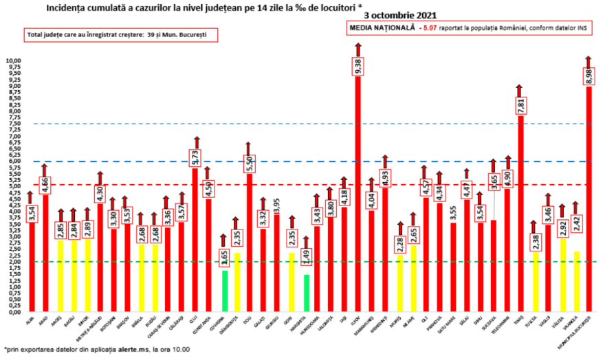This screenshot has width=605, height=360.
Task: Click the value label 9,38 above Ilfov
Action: click(358, 66)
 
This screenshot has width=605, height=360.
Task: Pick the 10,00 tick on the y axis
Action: click(14, 60)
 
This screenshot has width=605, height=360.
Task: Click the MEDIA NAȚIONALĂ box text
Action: click(467, 28)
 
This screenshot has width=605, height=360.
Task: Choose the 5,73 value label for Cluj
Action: click(197, 157)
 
